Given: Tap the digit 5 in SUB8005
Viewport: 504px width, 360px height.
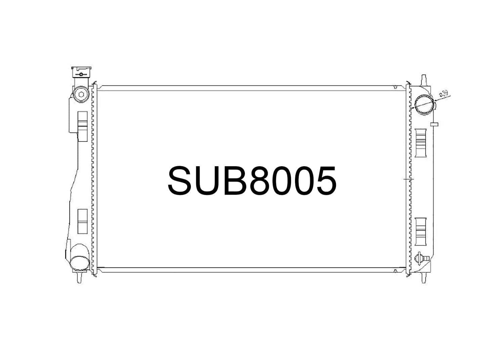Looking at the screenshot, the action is tap(325, 181).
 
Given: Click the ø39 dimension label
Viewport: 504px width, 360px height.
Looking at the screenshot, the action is tap(444, 93).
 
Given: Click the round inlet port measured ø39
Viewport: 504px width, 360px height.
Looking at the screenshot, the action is tap(424, 104).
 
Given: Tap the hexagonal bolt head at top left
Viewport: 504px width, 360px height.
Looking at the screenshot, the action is tap(81, 95).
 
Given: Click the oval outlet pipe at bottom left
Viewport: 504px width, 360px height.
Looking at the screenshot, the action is tap(79, 263).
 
